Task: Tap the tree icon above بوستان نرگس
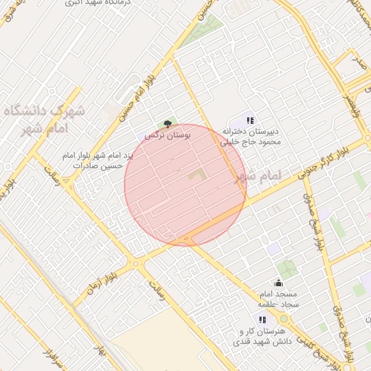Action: point(168,125)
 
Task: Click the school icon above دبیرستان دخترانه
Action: point(250,120)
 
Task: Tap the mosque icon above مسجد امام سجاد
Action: point(279,283)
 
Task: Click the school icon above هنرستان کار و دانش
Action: point(262,320)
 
